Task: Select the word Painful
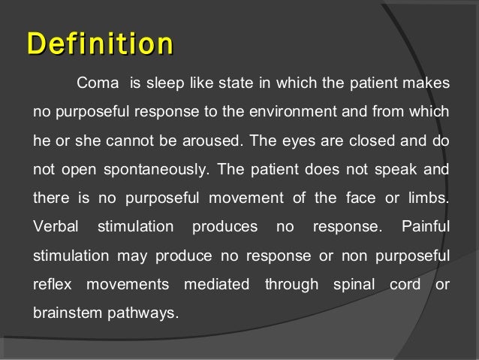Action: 426,226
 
